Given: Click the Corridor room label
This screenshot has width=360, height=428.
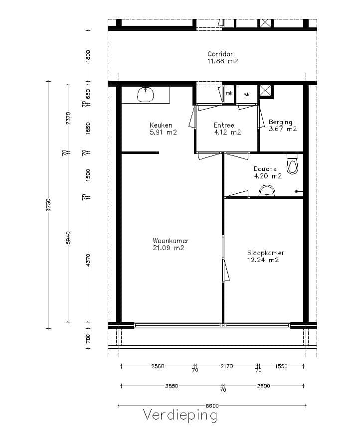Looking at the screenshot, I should tap(220, 54).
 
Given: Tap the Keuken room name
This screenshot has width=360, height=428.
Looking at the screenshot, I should tap(161, 125).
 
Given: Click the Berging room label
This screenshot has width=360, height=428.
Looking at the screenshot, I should tap(280, 122).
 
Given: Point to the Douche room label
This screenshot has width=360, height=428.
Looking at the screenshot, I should tap(265, 169).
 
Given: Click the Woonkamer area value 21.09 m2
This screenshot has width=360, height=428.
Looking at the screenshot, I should tap(169, 248).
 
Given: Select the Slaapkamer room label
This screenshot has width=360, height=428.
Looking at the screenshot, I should tap(265, 253).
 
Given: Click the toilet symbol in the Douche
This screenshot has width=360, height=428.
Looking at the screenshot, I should tap(292, 164).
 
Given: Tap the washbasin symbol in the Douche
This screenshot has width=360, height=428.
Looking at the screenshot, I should tap(267, 191).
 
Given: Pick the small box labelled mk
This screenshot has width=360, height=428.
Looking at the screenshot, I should tap(229, 93).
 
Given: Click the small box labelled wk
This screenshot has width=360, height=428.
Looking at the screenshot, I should tap(246, 94).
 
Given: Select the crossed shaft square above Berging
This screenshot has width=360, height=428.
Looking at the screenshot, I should tap(266, 91).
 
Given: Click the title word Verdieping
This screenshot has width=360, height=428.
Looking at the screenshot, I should tap(180, 415).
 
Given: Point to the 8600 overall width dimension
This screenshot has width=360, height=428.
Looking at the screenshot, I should tap(211, 404).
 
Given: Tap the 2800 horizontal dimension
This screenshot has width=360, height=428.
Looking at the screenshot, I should tap(264, 386).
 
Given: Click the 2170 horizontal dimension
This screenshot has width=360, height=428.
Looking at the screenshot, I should tap(226, 366).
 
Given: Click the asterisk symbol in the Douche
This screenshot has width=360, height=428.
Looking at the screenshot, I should tap(297, 192).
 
